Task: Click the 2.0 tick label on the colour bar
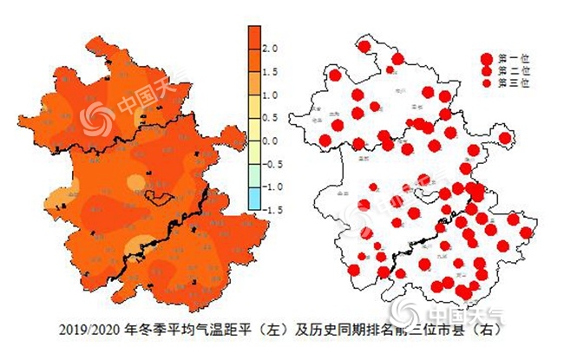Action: [270, 49]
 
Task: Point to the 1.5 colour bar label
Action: [270, 72]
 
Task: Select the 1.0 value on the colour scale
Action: [270, 95]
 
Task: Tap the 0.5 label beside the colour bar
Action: [270, 117]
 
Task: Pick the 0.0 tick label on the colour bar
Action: [270, 141]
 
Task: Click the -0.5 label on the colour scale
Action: [272, 163]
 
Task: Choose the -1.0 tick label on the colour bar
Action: [272, 186]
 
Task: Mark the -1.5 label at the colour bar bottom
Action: [272, 209]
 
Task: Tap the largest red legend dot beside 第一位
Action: [487, 56]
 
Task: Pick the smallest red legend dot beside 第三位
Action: [487, 82]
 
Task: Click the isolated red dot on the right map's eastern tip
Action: [505, 138]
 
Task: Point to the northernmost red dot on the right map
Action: [365, 46]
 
